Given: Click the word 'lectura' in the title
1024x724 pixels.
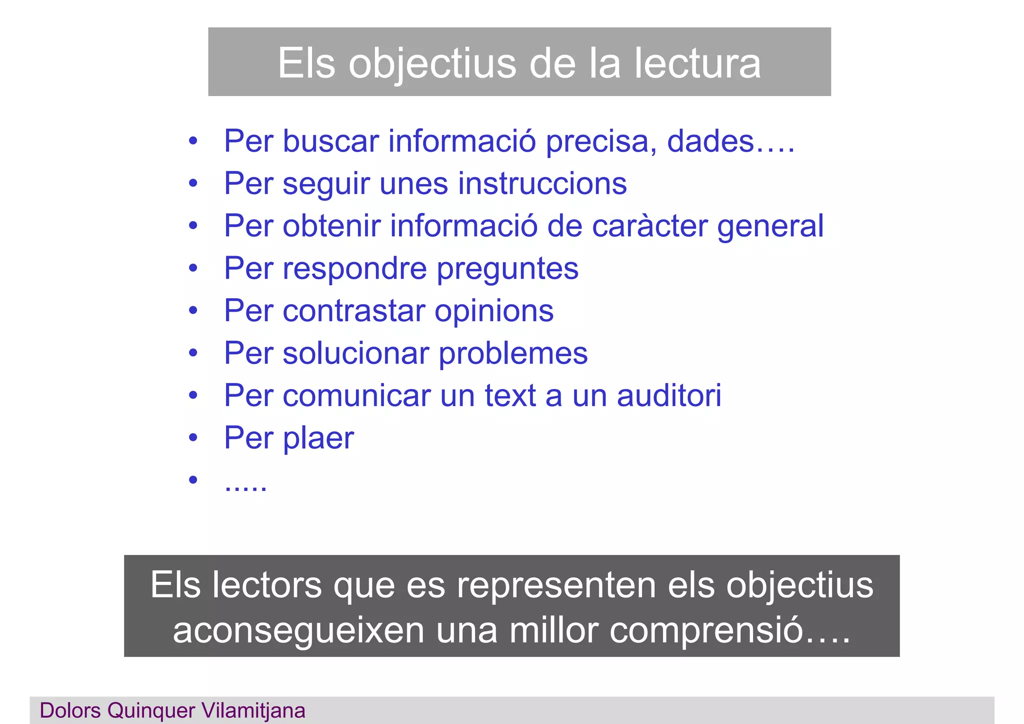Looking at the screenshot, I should [x=697, y=64].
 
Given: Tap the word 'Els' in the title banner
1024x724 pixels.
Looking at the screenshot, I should [x=306, y=64].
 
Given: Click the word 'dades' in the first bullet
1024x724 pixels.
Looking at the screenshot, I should [x=710, y=141].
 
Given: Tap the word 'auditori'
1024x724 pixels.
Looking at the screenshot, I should [x=669, y=396].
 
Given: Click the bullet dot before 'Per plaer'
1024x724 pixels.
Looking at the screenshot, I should [x=193, y=438].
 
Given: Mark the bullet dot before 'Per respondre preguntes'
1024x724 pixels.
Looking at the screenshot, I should [x=193, y=269].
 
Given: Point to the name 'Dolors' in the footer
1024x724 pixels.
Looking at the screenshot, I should [x=71, y=711].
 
